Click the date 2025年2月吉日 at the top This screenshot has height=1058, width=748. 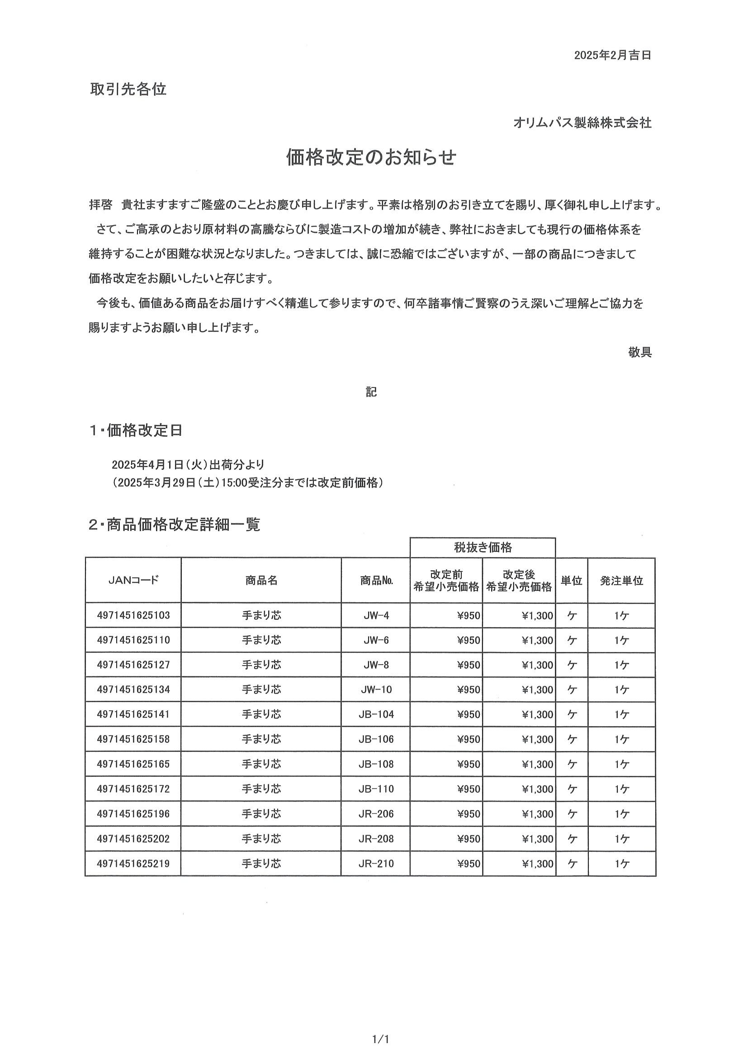[612, 56]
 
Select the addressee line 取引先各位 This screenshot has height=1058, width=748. [128, 89]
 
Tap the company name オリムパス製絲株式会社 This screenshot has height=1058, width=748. [582, 123]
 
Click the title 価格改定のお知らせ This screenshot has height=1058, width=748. [371, 158]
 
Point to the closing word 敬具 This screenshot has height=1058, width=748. [640, 353]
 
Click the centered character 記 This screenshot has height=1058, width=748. [371, 392]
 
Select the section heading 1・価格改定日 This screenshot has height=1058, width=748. [136, 430]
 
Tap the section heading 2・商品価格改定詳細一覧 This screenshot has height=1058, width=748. [174, 524]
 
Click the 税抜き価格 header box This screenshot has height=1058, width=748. [483, 548]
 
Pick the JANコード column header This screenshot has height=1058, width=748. [133, 580]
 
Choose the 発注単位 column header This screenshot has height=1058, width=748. [621, 581]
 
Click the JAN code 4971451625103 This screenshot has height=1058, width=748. [133, 615]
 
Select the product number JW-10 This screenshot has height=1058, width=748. [376, 690]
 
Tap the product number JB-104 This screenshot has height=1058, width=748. [376, 715]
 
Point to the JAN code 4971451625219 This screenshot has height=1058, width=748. [133, 864]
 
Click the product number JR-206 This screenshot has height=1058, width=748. [376, 814]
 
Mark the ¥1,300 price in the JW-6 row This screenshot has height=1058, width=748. [537, 641]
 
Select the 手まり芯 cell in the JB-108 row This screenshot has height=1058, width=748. [261, 764]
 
